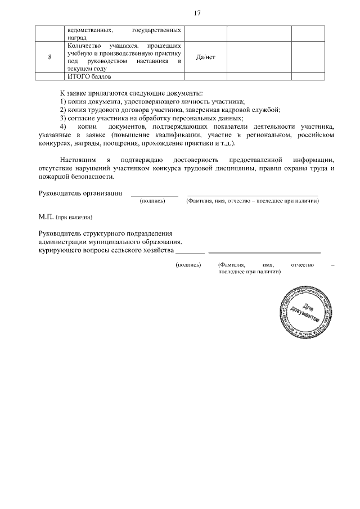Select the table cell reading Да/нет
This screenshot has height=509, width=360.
pos(206,57)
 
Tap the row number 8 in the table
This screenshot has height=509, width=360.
pos(50,57)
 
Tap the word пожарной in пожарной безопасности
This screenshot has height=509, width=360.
pos(54,177)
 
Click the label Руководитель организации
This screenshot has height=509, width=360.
pos(80,193)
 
